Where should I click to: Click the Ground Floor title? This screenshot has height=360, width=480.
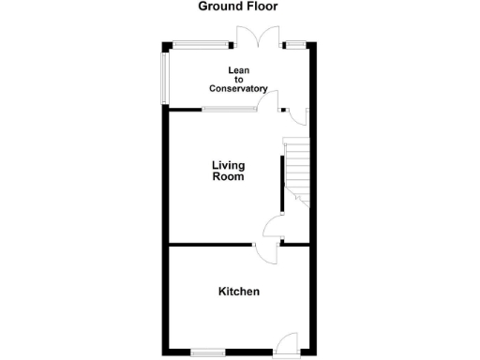(x=237, y=7)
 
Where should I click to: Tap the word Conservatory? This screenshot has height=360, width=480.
(x=238, y=89)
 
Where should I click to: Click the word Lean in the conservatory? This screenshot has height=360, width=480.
(x=238, y=70)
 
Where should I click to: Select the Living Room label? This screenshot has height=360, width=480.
(x=228, y=171)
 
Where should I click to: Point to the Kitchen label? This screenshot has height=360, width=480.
(x=239, y=292)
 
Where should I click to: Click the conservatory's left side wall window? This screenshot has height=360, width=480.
(x=163, y=77)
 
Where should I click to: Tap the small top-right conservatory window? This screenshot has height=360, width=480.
(x=297, y=43)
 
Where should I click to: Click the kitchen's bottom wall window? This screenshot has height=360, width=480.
(x=208, y=352)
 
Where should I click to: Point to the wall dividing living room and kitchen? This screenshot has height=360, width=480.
(x=211, y=245)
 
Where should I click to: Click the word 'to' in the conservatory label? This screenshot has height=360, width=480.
(x=238, y=80)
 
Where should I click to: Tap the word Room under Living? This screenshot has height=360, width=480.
(x=228, y=176)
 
